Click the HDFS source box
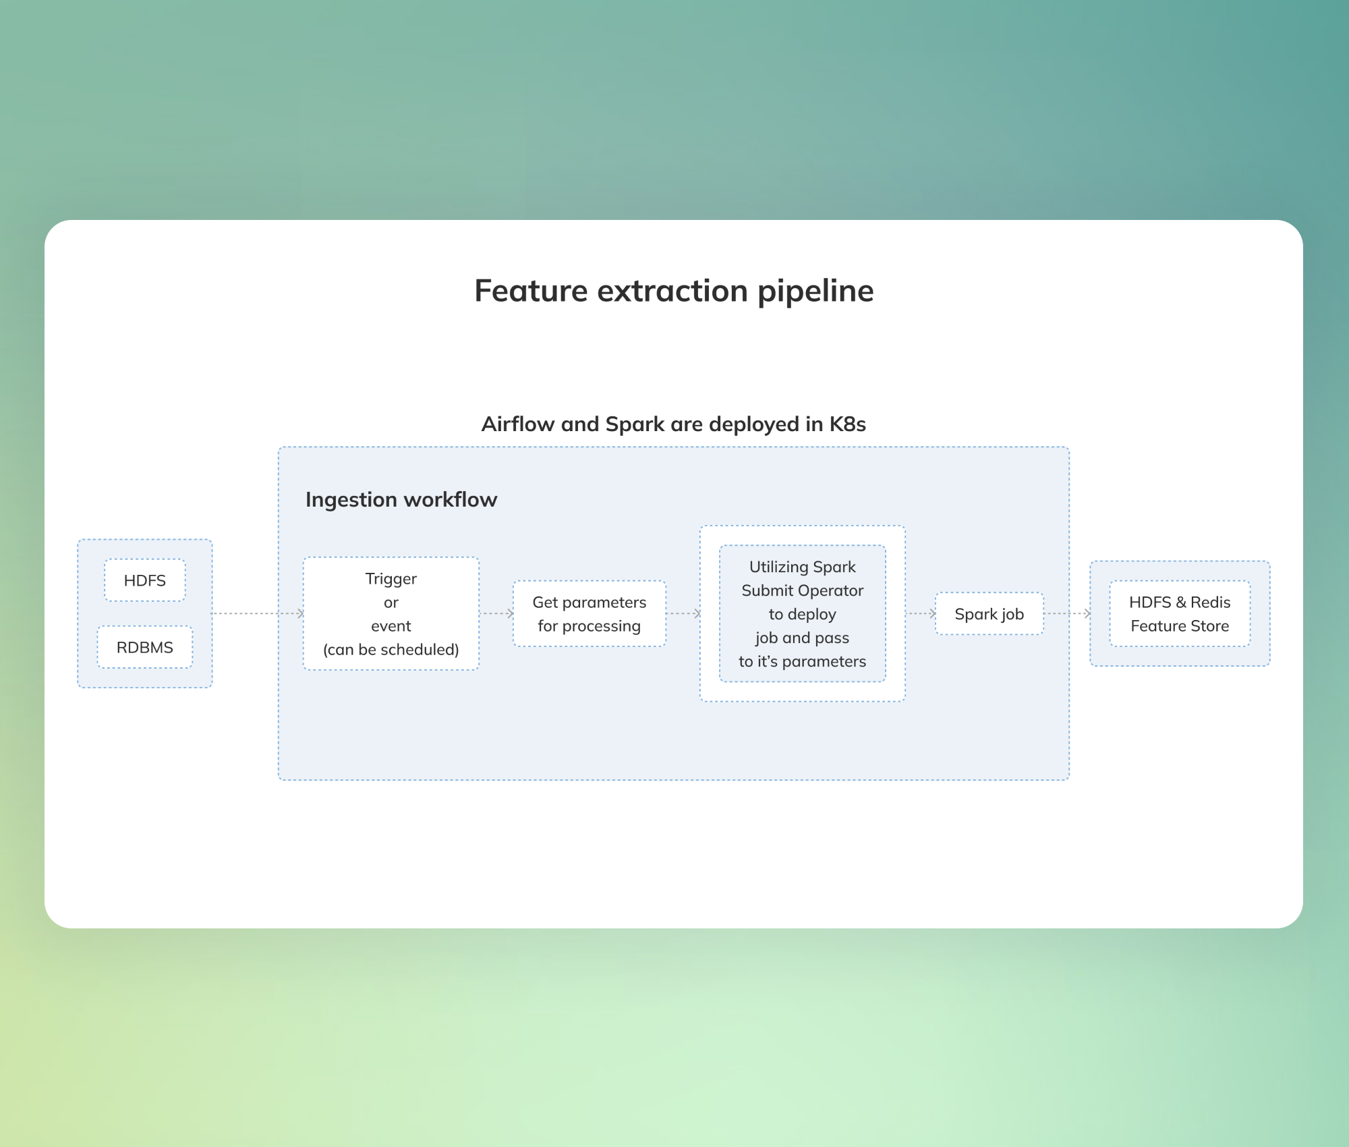[144, 580]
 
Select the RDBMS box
[144, 648]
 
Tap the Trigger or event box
[391, 614]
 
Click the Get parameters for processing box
[590, 614]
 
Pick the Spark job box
[989, 614]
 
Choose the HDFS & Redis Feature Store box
[1180, 614]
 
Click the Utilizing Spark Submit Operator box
[803, 614]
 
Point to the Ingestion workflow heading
[401, 500]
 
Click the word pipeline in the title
[815, 291]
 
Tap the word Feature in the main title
[532, 291]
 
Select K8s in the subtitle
[848, 424]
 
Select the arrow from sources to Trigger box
[258, 613]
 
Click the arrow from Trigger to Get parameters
[497, 613]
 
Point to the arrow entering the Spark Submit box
[684, 613]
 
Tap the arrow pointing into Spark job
[921, 613]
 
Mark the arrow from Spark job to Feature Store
[1068, 613]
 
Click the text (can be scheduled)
[391, 650]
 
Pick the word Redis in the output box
[1211, 603]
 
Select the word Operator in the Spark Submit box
[831, 591]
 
